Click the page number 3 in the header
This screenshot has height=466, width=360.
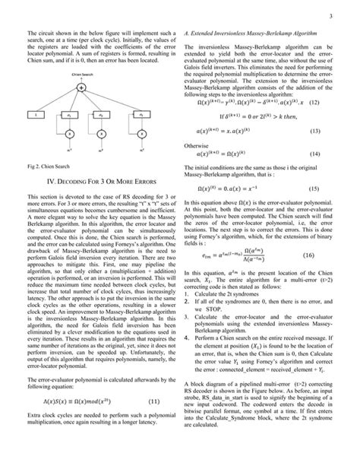[333, 14]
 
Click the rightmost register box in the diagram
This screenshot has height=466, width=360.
[142, 116]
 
